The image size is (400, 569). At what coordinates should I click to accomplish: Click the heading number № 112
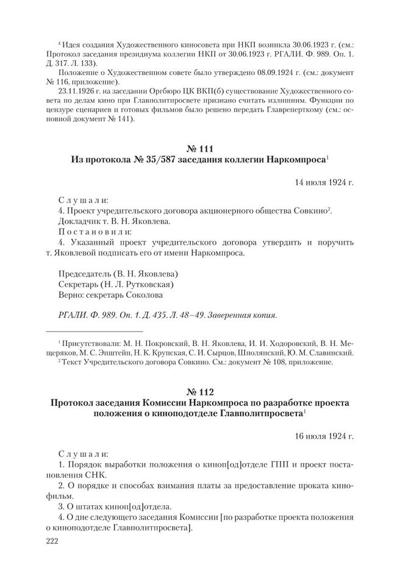coord(200,389)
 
